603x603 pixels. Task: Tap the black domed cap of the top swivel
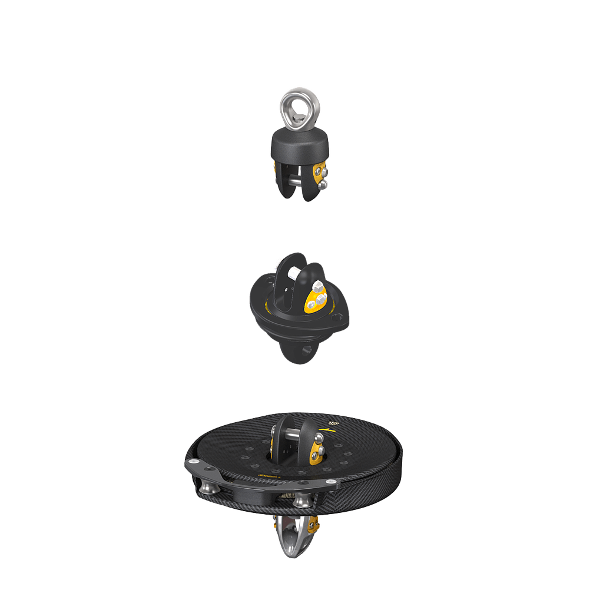300,144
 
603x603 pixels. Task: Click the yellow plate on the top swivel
319,174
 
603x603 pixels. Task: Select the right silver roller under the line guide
301,501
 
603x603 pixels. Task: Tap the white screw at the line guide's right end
333,484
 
